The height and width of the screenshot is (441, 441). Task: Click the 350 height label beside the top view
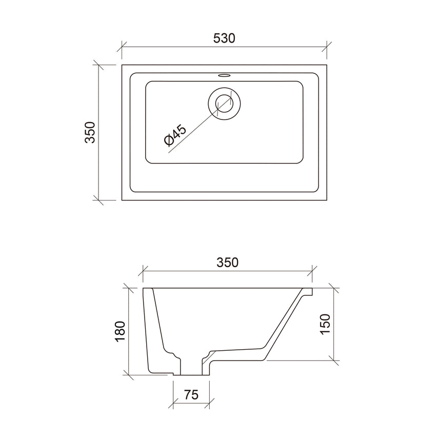(90, 132)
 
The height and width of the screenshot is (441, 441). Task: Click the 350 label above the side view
(227, 263)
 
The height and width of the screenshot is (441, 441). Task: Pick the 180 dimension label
(119, 331)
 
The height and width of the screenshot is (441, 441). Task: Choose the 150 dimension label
(326, 324)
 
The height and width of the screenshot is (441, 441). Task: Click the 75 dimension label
(191, 395)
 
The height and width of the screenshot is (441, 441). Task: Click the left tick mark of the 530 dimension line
(122, 47)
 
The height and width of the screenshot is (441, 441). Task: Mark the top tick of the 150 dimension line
(334, 288)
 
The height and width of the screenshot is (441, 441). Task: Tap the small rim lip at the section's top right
(308, 292)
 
